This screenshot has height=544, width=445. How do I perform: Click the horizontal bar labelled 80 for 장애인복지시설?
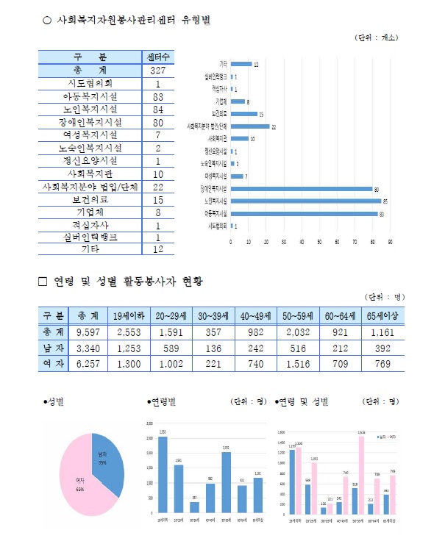click(x=302, y=188)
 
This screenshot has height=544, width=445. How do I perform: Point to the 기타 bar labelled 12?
click(x=241, y=65)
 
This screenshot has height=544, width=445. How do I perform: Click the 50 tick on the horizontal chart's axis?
click(x=319, y=241)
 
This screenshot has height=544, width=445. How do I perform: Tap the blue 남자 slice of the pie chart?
click(x=105, y=457)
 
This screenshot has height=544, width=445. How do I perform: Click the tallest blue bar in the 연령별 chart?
click(x=163, y=474)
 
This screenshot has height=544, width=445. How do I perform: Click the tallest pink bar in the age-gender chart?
click(x=361, y=474)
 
